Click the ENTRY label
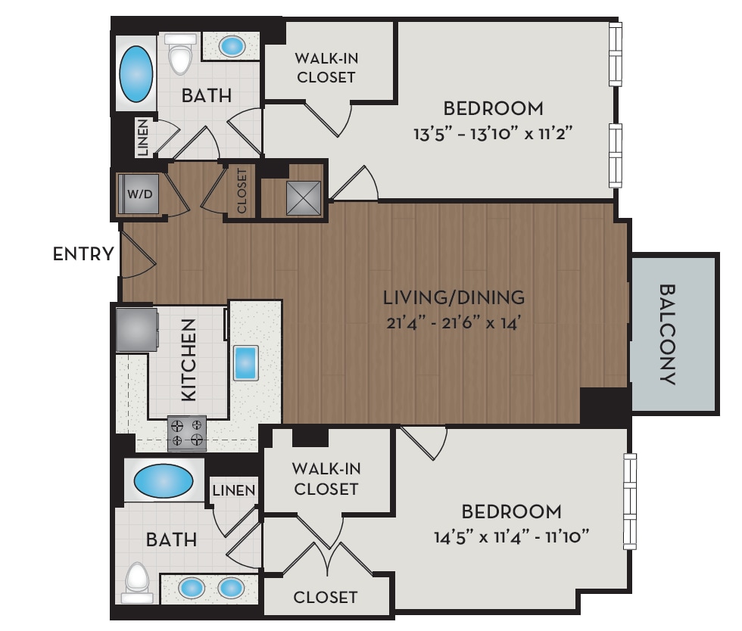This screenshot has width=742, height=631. pos(83,254)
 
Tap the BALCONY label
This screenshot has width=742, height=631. pos(667,334)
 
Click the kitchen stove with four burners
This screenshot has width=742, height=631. pos(187,434)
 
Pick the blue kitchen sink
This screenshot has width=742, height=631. pos(246,363)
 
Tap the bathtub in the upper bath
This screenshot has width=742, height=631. pos(136,74)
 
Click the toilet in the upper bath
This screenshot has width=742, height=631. pos(180,54)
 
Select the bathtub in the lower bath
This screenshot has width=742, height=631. pos(162,480)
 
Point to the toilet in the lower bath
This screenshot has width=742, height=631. pos(137,581)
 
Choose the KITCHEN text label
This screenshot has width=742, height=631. pos(189,359)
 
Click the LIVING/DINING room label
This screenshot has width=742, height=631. pos(454,296)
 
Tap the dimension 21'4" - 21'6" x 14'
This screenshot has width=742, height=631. pos(454,323)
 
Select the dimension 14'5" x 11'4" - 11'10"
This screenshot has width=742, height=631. pos(512,538)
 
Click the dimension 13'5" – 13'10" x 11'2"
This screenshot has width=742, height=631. pos(493,134)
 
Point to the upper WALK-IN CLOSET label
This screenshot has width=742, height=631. pos(326,67)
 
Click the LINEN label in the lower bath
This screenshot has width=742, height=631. pos(234,490)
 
